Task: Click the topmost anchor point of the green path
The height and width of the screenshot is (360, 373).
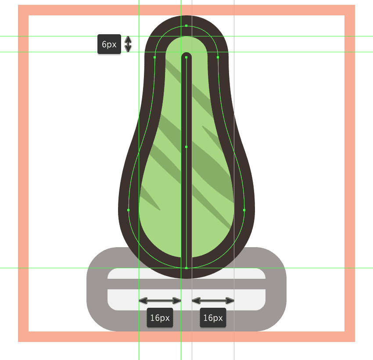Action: point(186,26)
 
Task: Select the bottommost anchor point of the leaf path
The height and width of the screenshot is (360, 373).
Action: point(186,268)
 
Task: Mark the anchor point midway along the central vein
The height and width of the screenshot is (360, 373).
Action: point(186,147)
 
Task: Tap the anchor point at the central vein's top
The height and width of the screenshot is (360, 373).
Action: point(186,58)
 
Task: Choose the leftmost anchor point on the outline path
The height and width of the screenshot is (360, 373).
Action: point(129,210)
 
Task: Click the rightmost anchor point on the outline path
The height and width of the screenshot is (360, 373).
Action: point(244,210)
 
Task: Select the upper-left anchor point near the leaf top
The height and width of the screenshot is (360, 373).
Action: point(155,58)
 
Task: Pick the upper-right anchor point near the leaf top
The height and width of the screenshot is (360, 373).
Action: point(218,58)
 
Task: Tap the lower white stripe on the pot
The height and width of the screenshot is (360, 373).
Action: point(186,300)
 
